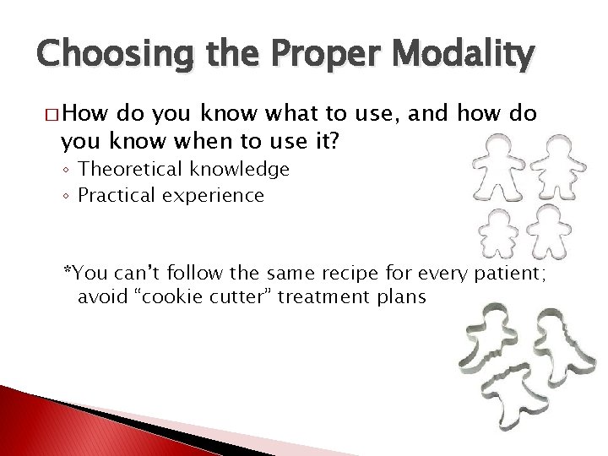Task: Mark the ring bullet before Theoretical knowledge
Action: click(67, 171)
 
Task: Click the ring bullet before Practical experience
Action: click(67, 198)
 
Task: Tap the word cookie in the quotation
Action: click(164, 297)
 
